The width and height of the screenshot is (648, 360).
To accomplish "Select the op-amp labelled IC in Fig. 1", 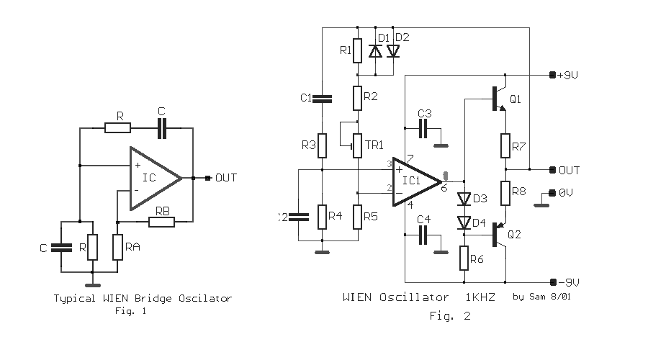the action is (154, 178).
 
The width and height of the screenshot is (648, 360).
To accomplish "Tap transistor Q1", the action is (499, 99).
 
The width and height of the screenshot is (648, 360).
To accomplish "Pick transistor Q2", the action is (499, 234).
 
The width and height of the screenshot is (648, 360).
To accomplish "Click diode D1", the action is (375, 51).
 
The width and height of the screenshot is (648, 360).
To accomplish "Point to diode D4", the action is (464, 223).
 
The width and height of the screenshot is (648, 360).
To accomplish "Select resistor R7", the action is (505, 145).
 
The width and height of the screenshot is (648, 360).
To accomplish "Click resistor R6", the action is (464, 258).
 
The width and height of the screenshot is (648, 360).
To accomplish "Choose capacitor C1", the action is (322, 99).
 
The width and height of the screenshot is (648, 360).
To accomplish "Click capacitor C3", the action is (423, 129).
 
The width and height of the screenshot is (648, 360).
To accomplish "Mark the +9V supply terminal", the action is (552, 75).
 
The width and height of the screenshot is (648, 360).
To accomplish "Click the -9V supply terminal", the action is (553, 282).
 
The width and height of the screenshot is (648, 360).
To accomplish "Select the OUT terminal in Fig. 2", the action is (552, 169).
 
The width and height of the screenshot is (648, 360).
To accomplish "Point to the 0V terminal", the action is (552, 193).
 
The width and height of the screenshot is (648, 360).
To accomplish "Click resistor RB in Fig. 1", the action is (161, 222).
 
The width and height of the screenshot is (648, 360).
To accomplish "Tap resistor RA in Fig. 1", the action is (118, 247).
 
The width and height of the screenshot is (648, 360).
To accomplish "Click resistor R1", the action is (357, 50).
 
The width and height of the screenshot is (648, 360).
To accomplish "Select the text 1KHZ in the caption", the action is (480, 297).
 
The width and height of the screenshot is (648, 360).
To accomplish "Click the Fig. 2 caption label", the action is (450, 316).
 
